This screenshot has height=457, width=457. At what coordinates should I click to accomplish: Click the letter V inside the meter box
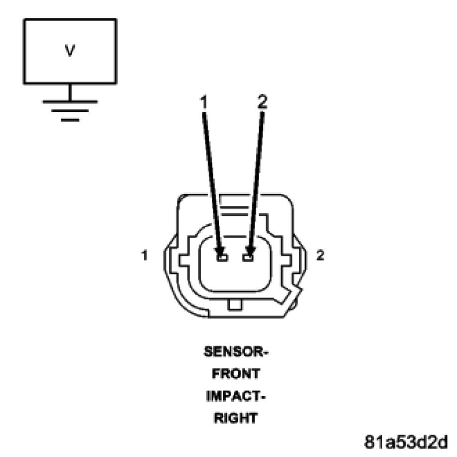70,51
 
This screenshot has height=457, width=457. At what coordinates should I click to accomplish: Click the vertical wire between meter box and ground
70,92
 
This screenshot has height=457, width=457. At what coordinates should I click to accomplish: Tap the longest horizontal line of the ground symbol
70,101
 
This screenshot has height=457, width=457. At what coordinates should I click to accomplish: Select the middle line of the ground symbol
70,111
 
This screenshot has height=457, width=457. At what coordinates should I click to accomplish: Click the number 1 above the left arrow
203,102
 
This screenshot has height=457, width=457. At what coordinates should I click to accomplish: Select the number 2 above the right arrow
263,102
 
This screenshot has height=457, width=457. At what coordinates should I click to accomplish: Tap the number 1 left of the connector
145,256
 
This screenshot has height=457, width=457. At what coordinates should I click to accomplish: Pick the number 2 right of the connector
320,256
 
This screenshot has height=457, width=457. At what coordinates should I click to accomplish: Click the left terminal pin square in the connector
222,257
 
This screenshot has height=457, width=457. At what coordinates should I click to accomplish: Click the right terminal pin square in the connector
248,257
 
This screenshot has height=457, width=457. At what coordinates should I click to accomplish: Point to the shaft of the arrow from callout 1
211,179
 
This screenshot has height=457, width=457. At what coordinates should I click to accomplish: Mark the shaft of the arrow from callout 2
256,179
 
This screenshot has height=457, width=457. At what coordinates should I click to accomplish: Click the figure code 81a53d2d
406,442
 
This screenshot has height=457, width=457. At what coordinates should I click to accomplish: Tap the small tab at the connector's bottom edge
235,305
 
